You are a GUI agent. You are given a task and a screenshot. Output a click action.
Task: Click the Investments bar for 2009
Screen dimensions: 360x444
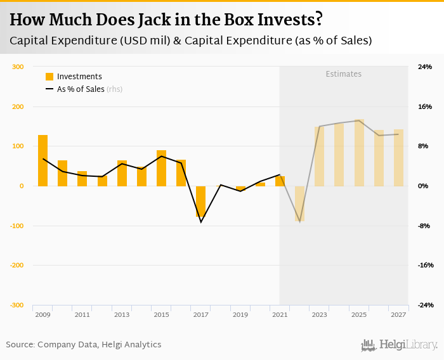click(x=42, y=160)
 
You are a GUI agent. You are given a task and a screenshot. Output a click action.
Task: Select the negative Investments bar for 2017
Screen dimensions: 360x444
click(x=201, y=202)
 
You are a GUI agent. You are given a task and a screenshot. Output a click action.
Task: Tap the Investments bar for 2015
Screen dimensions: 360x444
click(x=161, y=168)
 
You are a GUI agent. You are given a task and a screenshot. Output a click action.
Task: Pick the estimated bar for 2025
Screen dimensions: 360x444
click(x=359, y=153)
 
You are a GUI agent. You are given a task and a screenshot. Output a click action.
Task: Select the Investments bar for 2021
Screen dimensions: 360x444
click(x=280, y=181)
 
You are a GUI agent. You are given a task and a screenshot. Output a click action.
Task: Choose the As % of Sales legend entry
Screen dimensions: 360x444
click(x=80, y=89)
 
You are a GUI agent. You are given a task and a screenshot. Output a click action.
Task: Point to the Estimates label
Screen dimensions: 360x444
click(x=344, y=74)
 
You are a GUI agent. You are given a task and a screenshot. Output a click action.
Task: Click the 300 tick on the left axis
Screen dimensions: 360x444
click(x=18, y=67)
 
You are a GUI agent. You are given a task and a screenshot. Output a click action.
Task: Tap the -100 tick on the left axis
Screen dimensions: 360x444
click(x=16, y=226)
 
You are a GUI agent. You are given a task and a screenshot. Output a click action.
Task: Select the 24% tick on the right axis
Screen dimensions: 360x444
click(x=424, y=67)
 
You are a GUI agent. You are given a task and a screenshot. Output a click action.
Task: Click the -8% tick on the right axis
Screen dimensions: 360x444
click(x=424, y=226)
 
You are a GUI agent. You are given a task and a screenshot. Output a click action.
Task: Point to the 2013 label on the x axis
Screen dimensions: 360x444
click(x=122, y=314)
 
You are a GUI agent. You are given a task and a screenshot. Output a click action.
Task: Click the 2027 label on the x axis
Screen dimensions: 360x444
click(x=399, y=314)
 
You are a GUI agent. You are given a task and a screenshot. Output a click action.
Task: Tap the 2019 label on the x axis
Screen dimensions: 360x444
click(x=240, y=314)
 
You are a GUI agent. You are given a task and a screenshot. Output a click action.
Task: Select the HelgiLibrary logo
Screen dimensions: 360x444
click(x=400, y=345)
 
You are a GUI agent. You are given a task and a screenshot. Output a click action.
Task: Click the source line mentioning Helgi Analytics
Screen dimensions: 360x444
click(x=84, y=345)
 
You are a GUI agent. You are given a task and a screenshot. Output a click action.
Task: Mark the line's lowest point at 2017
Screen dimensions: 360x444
click(x=201, y=222)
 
